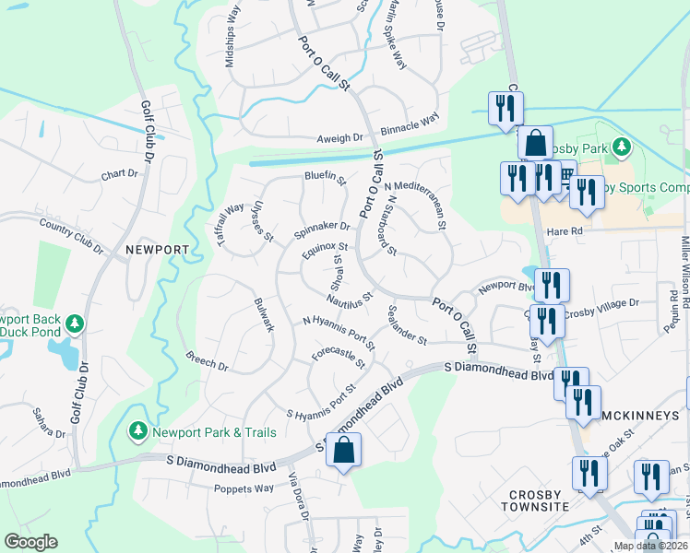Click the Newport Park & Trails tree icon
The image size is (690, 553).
[137, 430]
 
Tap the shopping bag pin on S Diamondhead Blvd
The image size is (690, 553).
[343, 452]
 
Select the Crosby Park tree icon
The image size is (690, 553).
[623, 147]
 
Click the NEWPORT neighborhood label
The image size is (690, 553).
[157, 250]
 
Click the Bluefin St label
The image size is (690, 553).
[325, 178]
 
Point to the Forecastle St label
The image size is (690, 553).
[339, 358]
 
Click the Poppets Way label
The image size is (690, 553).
[244, 488]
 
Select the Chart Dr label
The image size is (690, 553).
[119, 173]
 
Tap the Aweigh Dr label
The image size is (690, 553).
[341, 137]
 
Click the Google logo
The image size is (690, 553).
[31, 542]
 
